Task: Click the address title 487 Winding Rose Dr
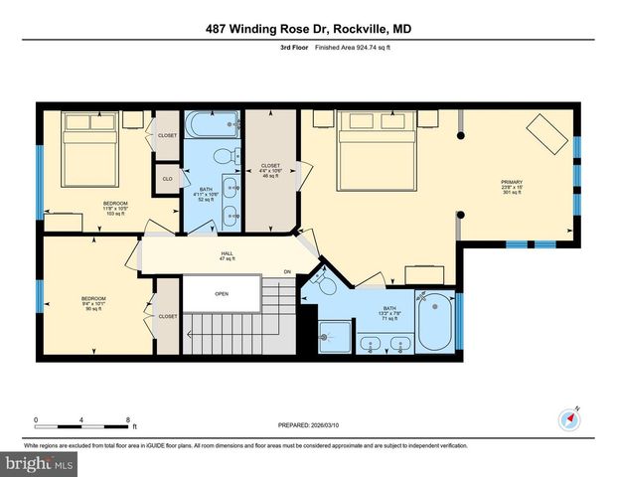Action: [x=308, y=30]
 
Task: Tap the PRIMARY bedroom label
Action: [x=512, y=187]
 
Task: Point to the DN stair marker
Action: [x=288, y=272]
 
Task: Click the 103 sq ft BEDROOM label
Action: [x=115, y=208]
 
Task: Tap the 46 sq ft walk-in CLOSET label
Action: [x=270, y=171]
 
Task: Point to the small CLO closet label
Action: [x=167, y=180]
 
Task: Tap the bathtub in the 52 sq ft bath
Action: [x=212, y=127]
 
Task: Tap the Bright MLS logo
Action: [x=38, y=464]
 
